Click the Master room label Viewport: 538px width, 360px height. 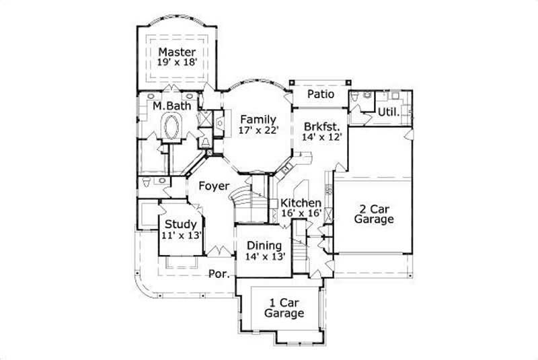[x=178, y=52]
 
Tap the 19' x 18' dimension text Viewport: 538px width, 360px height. [x=178, y=63]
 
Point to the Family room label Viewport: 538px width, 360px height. [x=258, y=119]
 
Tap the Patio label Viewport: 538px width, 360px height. [x=321, y=95]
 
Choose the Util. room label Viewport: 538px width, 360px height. [x=389, y=112]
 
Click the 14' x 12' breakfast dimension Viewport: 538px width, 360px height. [x=323, y=137]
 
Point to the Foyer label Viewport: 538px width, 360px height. [x=214, y=186]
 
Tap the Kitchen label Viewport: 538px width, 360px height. [x=301, y=203]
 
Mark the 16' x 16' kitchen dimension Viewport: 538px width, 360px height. [x=301, y=213]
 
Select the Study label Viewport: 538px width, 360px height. [x=181, y=224]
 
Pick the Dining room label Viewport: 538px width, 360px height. [x=264, y=246]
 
